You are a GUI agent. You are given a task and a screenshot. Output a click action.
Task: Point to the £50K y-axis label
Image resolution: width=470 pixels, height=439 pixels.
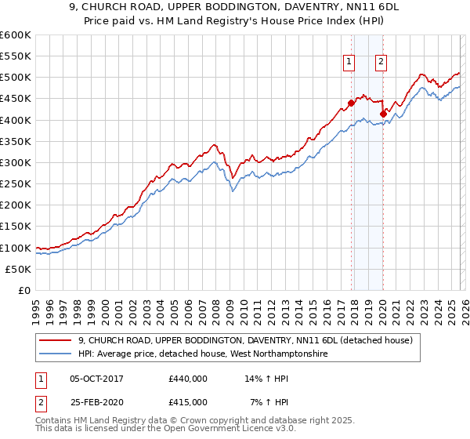tap(18, 269)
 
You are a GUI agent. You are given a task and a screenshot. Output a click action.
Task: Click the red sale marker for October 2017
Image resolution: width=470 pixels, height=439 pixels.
tap(351, 103)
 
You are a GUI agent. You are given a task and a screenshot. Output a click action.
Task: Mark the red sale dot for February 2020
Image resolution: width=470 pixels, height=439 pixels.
tap(384, 114)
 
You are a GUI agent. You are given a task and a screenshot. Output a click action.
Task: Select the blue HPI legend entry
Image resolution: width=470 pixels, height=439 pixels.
tap(203, 354)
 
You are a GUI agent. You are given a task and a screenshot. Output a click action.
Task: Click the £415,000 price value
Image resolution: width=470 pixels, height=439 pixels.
tap(188, 401)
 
